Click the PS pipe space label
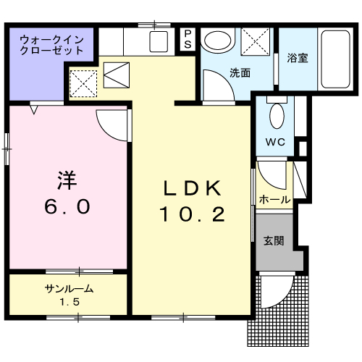pos(188,39)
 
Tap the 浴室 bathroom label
pos(298,58)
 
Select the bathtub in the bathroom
pos(336,59)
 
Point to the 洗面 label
pos(240,72)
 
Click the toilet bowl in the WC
pos(277,116)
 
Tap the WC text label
pos(275,142)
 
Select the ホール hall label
pos(274,200)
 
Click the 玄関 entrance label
pos(274,240)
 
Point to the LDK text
pos(193,188)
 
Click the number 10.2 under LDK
pos(193,214)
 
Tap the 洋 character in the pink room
pos(67,180)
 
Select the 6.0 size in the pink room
pos(67,206)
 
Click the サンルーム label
pos(69,289)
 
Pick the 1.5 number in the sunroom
pos(70,302)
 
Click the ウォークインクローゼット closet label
pos(51,45)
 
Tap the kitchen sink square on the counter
pos(159,41)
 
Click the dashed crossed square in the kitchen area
pos(83,83)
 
